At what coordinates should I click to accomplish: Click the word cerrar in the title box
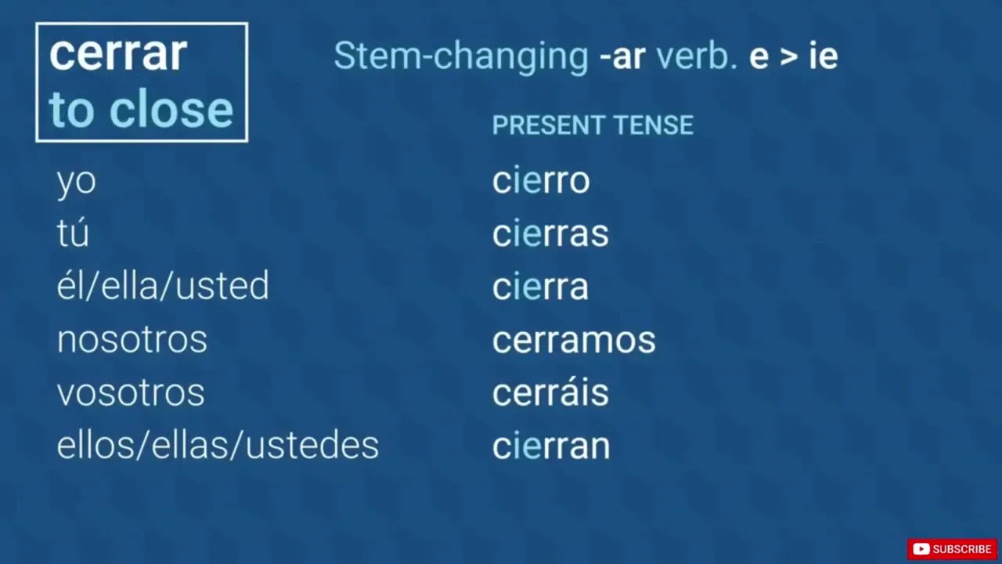click(118, 54)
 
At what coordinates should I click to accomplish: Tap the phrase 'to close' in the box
click(142, 109)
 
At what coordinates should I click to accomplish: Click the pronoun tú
click(73, 233)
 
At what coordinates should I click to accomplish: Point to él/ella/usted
click(163, 285)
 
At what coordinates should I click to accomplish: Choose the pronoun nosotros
click(132, 340)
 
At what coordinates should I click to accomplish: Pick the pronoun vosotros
click(131, 393)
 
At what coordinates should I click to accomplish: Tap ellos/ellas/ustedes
click(218, 445)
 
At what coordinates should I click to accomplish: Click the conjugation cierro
click(541, 180)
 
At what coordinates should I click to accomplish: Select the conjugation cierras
click(550, 233)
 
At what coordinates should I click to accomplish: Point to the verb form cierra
click(540, 286)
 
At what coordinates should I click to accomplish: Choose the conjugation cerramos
click(574, 340)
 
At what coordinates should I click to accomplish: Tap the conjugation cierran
click(551, 445)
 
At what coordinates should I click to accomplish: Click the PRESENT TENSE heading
click(593, 125)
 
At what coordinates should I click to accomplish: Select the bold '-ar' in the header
click(622, 57)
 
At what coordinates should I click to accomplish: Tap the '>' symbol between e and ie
click(788, 58)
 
